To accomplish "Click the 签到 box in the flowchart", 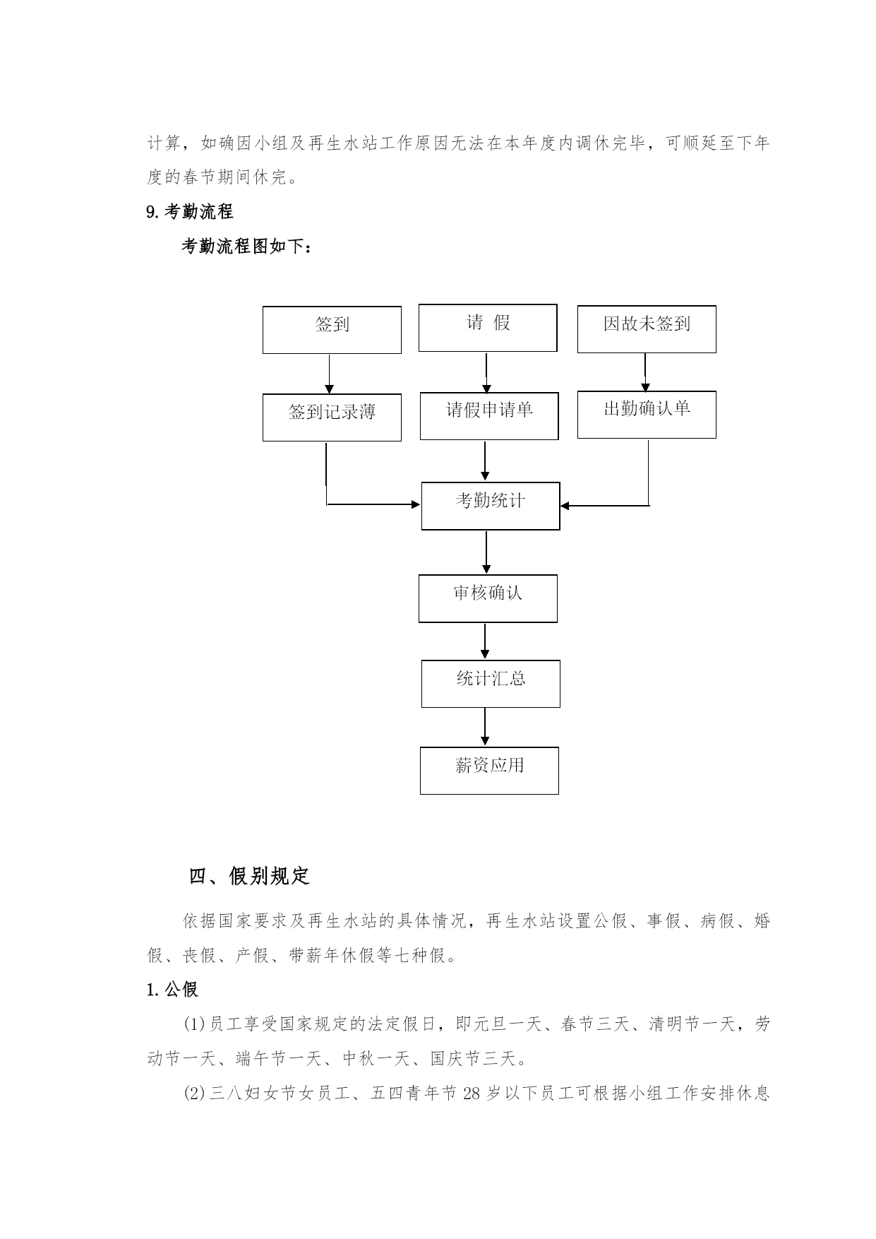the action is point(332,330).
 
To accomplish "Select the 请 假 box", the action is point(488,328).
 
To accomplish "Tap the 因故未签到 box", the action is point(647,329).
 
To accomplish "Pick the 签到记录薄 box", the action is point(332,417).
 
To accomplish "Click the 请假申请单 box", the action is point(489,416).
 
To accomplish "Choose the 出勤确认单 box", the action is point(647,415).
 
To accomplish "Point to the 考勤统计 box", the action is point(491,506).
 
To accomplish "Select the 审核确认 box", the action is point(488,598).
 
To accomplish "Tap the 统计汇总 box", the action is point(491,684).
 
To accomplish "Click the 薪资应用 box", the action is point(489,771).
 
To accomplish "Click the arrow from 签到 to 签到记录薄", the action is point(329,374).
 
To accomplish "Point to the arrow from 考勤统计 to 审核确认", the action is point(486,552).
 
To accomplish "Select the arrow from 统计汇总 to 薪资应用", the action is point(485,727).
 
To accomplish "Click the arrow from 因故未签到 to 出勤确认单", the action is point(645,372).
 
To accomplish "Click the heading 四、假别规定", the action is point(250,877).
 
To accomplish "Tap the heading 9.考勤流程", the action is point(190,211).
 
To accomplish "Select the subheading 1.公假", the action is point(172,989).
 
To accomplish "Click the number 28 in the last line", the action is point(472,1093).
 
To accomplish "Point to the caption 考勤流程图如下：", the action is point(246,247).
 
